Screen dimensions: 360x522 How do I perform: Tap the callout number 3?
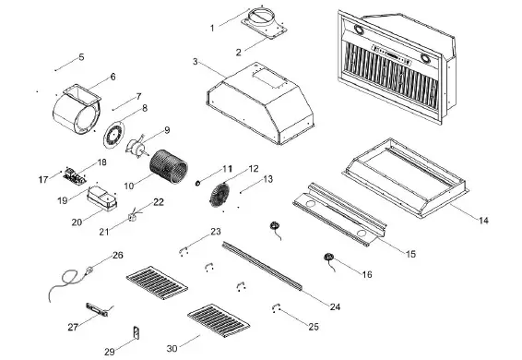(x=196, y=62)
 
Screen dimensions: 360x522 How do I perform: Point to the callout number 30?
(x=172, y=349)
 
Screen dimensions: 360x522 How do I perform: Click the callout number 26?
(x=117, y=254)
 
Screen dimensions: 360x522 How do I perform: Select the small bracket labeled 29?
(x=136, y=333)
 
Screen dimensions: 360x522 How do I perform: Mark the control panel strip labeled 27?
(x=96, y=309)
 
